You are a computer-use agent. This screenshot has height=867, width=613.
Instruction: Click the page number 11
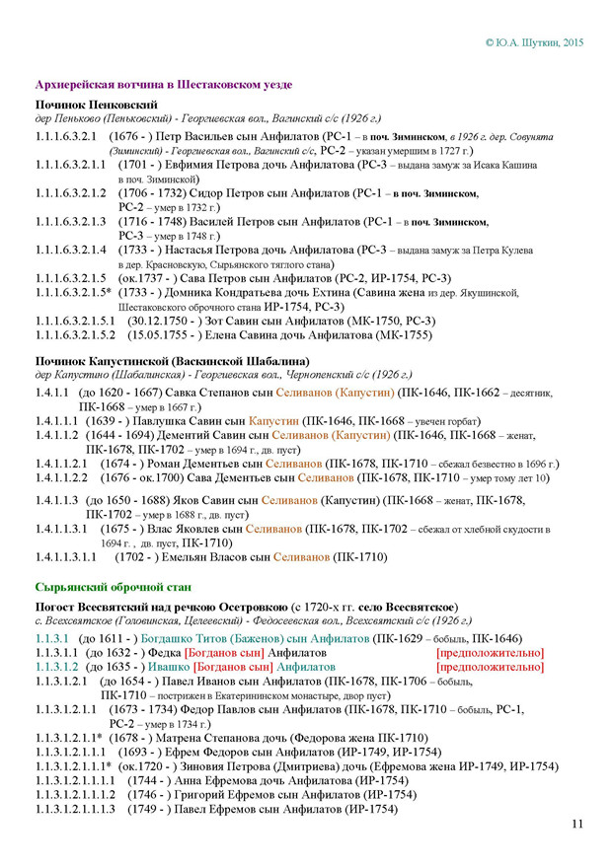(x=576, y=825)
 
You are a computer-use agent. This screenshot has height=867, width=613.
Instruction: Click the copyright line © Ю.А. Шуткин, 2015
(x=535, y=43)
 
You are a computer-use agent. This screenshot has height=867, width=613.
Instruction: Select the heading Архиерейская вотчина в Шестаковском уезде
(x=163, y=85)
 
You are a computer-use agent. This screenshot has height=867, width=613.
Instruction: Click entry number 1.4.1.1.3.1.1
(x=65, y=557)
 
